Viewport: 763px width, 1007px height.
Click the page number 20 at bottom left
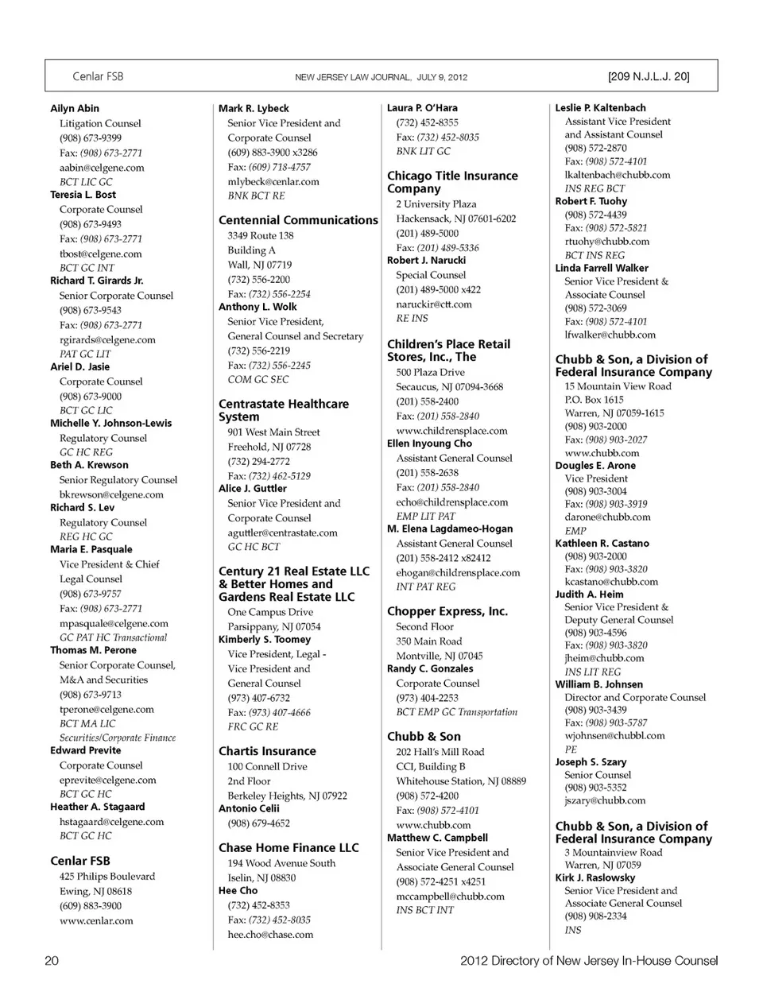click(52, 961)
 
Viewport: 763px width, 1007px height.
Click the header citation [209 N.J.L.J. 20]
click(648, 77)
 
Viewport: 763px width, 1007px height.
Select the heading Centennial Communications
click(298, 220)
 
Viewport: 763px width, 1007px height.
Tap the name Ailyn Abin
click(75, 109)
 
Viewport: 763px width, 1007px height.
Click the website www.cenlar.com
click(96, 920)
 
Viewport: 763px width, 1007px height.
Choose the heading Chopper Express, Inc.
click(447, 611)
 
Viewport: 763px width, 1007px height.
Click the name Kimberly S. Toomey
click(264, 639)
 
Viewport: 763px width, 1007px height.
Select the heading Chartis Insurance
click(267, 751)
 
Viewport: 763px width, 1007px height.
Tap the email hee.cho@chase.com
click(270, 935)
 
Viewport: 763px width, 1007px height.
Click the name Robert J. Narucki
click(426, 260)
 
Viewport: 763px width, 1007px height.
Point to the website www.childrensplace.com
click(451, 430)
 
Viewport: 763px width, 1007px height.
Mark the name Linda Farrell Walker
click(602, 268)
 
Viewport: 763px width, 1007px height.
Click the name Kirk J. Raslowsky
click(595, 877)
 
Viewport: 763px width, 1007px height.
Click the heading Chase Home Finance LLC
click(289, 848)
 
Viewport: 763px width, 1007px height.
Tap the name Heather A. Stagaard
click(97, 807)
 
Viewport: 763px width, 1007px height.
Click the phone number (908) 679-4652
click(258, 823)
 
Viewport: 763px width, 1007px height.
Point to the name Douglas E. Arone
click(595, 465)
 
